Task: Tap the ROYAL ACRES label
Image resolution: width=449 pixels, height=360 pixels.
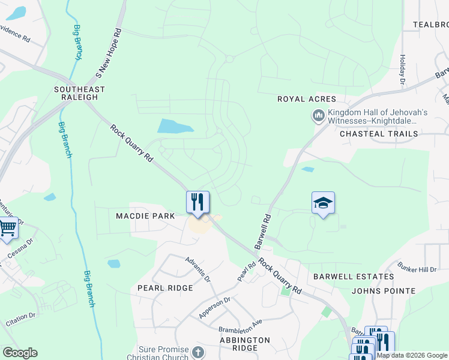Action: coord(306,99)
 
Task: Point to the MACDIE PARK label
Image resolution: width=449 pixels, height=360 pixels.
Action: coord(146,216)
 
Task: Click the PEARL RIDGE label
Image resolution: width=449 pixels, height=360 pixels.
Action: coord(165,288)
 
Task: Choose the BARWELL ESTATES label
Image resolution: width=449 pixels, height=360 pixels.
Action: coord(354,277)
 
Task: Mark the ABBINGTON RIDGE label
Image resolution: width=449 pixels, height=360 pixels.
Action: coord(244,344)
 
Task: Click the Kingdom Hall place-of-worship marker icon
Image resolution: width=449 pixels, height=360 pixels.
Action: coord(318,115)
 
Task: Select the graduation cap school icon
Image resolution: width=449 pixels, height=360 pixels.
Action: coord(323,203)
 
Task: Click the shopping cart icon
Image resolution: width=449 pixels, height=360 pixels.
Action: coord(7,229)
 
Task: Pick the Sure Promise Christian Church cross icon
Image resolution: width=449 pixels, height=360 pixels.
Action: coord(199,352)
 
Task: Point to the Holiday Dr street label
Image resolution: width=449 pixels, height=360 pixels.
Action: coord(402,69)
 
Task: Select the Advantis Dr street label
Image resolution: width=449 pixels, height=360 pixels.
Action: coord(198,271)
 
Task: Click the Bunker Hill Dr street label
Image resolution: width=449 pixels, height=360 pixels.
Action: coord(417,266)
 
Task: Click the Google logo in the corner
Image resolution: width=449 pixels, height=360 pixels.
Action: coord(20,353)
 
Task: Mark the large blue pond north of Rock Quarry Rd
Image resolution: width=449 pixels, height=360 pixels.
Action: coord(175,126)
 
